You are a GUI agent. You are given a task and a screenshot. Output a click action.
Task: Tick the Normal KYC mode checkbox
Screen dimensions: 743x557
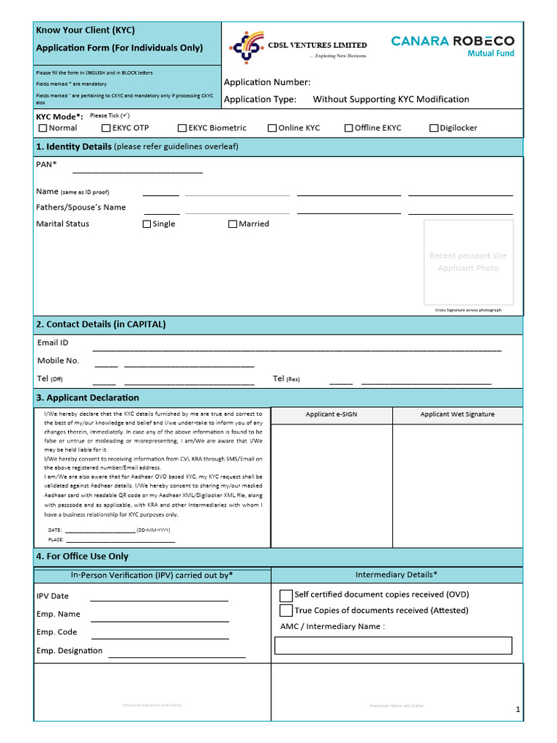pos(43,128)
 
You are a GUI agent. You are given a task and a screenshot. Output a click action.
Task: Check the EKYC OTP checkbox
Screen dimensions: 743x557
pos(107,128)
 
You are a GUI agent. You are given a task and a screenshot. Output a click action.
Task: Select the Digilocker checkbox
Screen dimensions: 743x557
pos(434,128)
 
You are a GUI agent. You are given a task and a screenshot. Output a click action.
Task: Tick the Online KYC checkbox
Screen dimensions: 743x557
pos(272,128)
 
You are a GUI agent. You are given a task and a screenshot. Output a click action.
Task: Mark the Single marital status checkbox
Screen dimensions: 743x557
pos(147,224)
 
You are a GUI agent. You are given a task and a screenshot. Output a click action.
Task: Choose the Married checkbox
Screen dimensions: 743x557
pos(233,224)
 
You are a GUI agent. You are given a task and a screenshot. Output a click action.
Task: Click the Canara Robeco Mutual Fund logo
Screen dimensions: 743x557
pos(453,45)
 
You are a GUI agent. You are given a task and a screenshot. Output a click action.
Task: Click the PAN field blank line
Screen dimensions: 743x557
pos(137,172)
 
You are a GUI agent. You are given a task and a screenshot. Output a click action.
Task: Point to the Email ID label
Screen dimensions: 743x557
pos(53,342)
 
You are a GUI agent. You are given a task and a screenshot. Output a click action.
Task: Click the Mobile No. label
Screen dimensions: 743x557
pos(58,361)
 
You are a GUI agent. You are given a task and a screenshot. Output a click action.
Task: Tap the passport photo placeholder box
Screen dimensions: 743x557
pos(469,262)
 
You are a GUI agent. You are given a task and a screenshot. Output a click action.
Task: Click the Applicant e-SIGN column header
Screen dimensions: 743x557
pos(331,414)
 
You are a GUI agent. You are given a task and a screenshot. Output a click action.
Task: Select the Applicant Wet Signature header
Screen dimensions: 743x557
pos(457,414)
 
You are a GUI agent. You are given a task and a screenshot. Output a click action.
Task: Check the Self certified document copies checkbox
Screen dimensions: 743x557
pos(286,594)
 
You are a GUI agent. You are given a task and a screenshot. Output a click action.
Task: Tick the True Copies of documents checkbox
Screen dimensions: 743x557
pos(286,610)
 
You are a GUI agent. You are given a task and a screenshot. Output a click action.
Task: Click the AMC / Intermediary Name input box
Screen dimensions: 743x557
pos(393,645)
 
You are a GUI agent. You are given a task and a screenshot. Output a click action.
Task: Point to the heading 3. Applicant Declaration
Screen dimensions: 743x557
pos(88,398)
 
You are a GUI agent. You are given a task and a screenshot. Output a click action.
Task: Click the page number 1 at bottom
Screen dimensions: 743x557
pos(518,710)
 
